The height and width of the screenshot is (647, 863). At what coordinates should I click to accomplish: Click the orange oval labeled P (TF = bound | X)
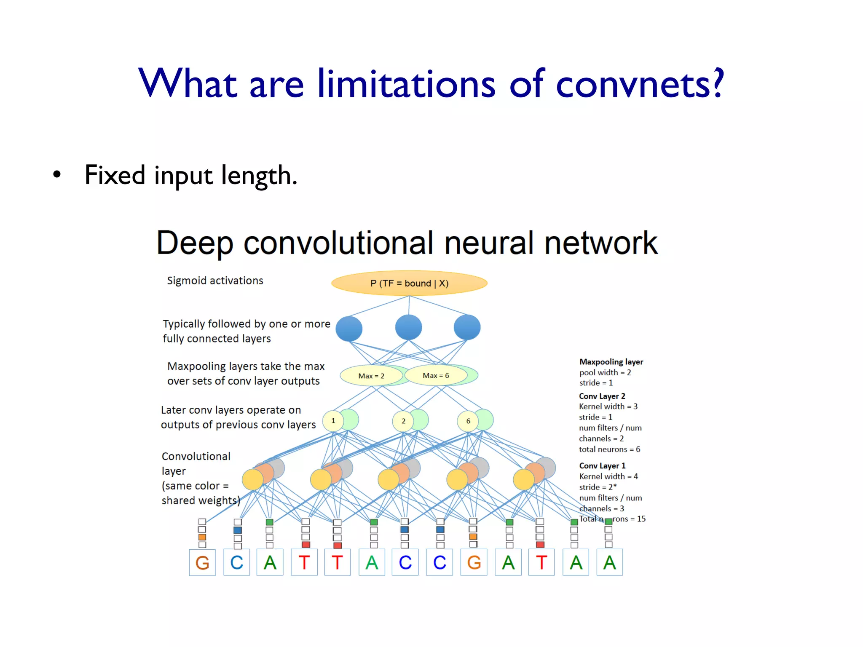[409, 283]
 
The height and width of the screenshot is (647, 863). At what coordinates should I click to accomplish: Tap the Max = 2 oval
[371, 376]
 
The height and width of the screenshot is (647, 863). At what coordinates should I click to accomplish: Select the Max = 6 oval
[436, 375]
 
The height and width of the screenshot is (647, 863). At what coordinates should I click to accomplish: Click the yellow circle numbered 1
[333, 421]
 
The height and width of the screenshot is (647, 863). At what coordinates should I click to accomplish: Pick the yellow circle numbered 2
[403, 421]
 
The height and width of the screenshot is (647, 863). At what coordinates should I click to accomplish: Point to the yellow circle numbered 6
[468, 421]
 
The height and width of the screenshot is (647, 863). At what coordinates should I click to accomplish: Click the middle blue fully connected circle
[408, 327]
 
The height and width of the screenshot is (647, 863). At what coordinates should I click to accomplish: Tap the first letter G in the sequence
[202, 563]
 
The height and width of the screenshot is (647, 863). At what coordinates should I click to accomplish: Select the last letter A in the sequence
[609, 563]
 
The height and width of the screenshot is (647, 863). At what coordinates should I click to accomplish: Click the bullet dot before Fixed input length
[57, 174]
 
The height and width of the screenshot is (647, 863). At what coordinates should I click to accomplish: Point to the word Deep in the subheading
[195, 243]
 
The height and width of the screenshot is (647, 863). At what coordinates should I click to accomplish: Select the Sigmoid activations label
[215, 281]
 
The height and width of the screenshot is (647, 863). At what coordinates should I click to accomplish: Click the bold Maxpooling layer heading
[611, 362]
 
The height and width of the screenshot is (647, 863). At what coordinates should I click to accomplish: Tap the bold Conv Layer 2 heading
[602, 396]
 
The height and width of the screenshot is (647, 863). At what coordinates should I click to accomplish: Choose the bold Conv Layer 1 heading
[602, 465]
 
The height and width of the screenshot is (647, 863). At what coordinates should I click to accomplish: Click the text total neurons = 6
[609, 449]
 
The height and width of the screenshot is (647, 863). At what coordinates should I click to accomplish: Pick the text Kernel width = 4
[608, 476]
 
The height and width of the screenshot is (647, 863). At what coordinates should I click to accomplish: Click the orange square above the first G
[202, 537]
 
